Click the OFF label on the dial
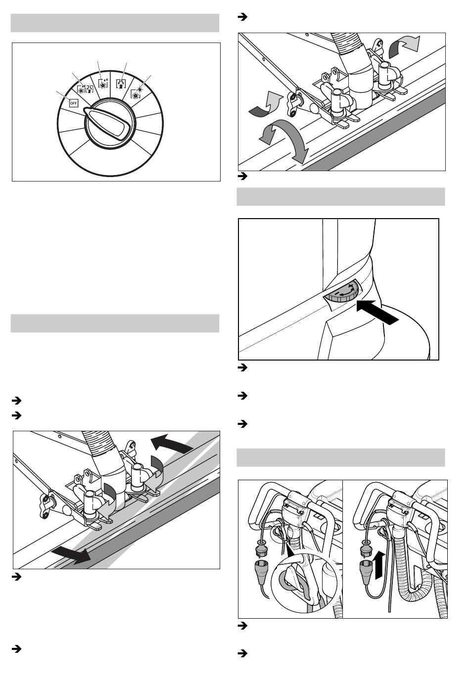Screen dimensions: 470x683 coord(73,103)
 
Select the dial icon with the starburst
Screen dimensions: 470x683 coord(136,92)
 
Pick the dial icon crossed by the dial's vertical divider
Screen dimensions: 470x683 coord(102,83)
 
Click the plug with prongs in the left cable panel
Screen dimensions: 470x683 coord(260,546)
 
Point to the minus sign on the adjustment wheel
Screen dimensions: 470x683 coord(341,293)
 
